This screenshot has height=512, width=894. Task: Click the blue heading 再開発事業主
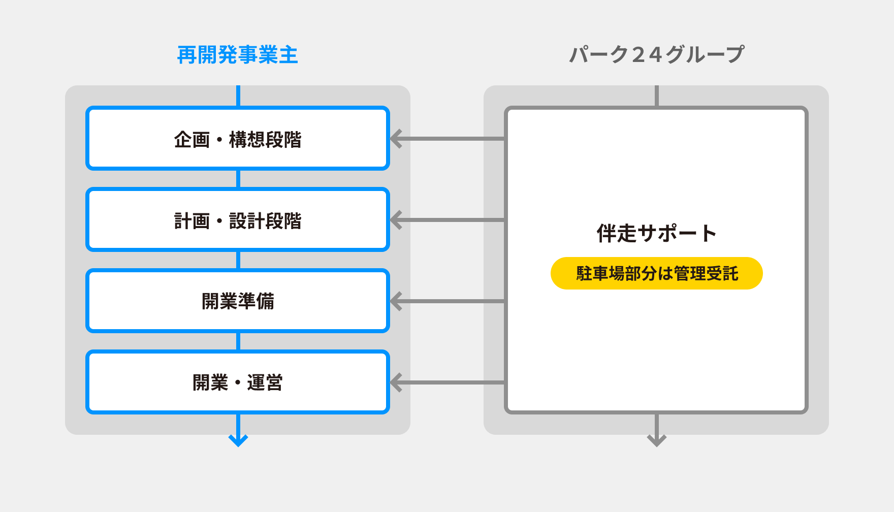(x=237, y=55)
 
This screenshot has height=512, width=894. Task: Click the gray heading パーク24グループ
(x=656, y=55)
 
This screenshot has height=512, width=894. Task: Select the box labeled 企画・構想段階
(x=237, y=139)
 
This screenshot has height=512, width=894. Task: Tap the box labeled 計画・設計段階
(x=237, y=220)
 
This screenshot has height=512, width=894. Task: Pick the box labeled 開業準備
(x=237, y=301)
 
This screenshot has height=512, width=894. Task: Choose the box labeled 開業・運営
(x=237, y=382)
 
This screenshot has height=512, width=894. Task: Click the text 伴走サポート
(x=656, y=234)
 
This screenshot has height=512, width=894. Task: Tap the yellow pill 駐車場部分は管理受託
(x=656, y=273)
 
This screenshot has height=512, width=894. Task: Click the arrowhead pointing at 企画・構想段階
(x=396, y=139)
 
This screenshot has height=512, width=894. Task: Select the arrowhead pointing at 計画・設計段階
(x=396, y=220)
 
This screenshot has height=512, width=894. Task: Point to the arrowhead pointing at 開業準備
(x=396, y=301)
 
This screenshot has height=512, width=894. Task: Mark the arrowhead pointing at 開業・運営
(x=396, y=382)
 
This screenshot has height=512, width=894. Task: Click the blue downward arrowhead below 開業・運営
(x=238, y=440)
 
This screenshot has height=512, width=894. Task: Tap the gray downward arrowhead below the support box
(x=657, y=440)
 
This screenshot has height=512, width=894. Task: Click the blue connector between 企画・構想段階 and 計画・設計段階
(x=238, y=179)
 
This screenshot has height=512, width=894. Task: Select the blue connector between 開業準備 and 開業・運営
(x=238, y=341)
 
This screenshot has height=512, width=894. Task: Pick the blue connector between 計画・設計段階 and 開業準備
(x=238, y=260)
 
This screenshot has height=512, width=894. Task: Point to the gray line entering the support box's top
(x=657, y=96)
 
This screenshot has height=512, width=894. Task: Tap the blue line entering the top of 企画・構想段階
(x=238, y=96)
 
